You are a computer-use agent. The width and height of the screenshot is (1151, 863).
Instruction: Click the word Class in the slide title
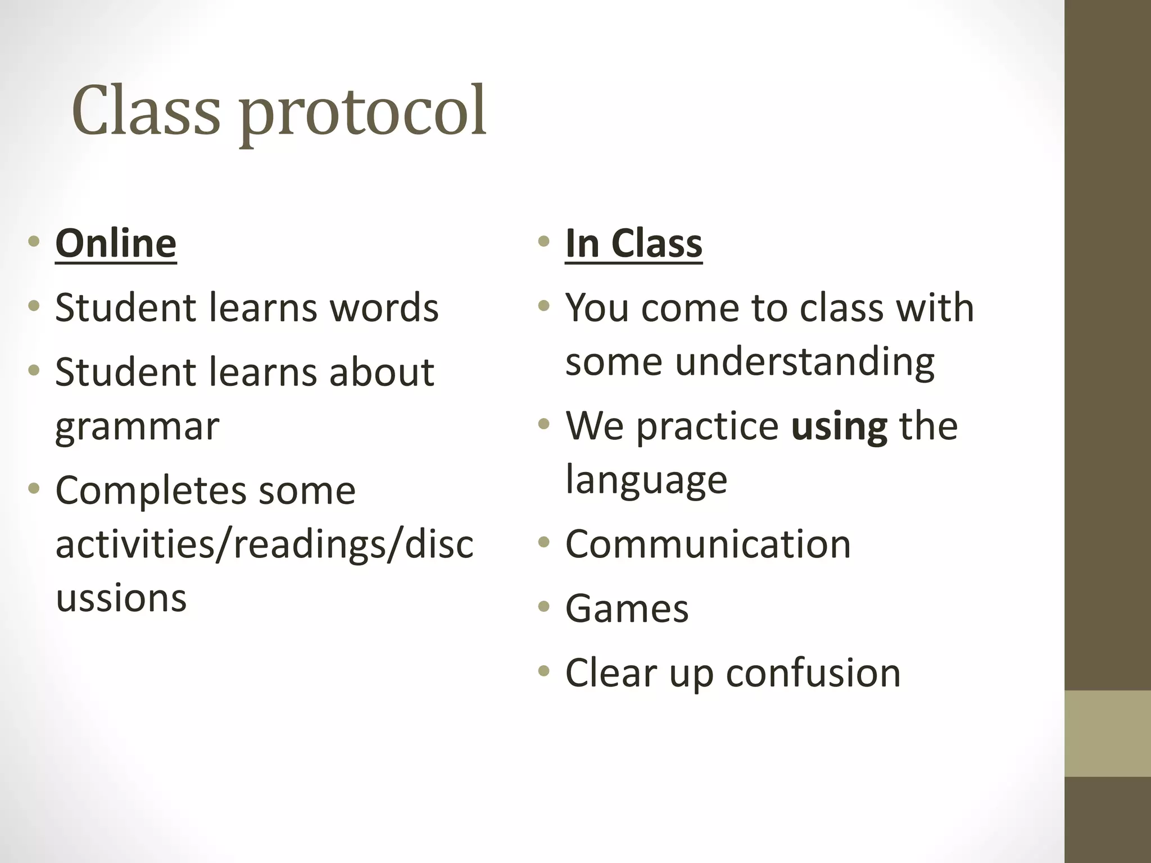coord(146,111)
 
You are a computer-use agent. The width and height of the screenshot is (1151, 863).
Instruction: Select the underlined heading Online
coord(116,243)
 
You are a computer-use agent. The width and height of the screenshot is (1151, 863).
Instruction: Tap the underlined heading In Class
coord(633,243)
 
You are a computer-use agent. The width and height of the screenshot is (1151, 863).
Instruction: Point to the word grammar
coord(137,427)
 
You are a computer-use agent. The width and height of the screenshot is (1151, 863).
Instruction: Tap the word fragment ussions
coord(121,598)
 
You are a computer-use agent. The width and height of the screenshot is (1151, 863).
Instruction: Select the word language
coord(646,480)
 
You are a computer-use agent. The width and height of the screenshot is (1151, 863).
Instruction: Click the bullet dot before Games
coord(543,607)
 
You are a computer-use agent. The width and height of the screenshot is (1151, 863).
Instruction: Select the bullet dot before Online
coord(34,242)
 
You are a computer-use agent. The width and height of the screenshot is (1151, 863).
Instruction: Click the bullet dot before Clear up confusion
coord(543,671)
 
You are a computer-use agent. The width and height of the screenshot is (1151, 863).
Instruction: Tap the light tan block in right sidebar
coord(1107,733)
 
